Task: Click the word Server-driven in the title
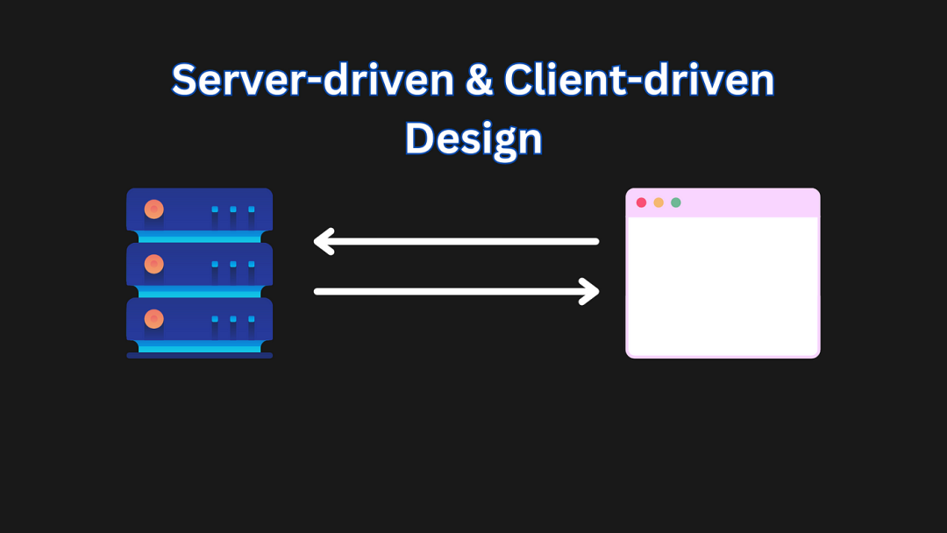313,80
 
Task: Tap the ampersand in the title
480,81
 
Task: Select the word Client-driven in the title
639,80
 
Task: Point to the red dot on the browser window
641,203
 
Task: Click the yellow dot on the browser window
659,203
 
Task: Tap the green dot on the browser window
676,203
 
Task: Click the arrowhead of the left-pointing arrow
324,241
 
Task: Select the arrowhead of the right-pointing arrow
589,292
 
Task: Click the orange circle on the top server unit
154,209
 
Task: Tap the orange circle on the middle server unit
154,264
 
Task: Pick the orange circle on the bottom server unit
154,319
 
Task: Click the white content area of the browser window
723,286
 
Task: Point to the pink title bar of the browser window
723,203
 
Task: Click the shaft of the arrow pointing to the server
462,241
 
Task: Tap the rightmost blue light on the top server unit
252,210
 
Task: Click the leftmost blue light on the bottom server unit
215,319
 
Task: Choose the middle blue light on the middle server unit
233,265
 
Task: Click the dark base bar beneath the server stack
199,356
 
